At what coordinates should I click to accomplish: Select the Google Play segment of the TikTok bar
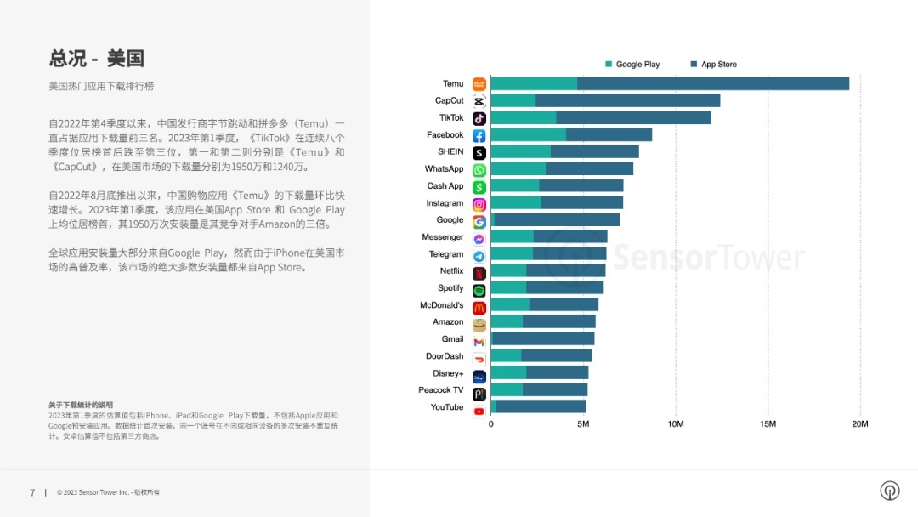524,117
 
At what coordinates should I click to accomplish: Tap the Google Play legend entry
632,65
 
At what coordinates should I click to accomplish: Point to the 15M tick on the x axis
768,423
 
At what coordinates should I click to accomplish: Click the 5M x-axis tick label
583,423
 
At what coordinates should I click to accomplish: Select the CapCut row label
450,100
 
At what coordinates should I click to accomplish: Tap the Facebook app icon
479,135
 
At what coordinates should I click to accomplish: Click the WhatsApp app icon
479,169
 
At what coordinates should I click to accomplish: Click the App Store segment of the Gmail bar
543,338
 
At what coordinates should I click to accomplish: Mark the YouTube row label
447,407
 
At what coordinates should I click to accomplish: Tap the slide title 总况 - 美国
96,58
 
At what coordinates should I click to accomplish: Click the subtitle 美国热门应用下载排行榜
101,87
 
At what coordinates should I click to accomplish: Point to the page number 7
32,492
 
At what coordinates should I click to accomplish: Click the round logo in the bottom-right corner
889,491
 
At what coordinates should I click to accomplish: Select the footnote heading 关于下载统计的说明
81,405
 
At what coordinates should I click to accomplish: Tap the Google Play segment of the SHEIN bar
520,151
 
